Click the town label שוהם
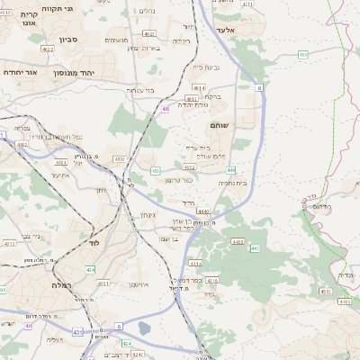coord(219,125)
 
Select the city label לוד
coord(94,242)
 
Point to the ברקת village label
coord(211,96)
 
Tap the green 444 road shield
coord(231,169)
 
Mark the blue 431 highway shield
coord(78,331)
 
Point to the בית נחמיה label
coord(232,183)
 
